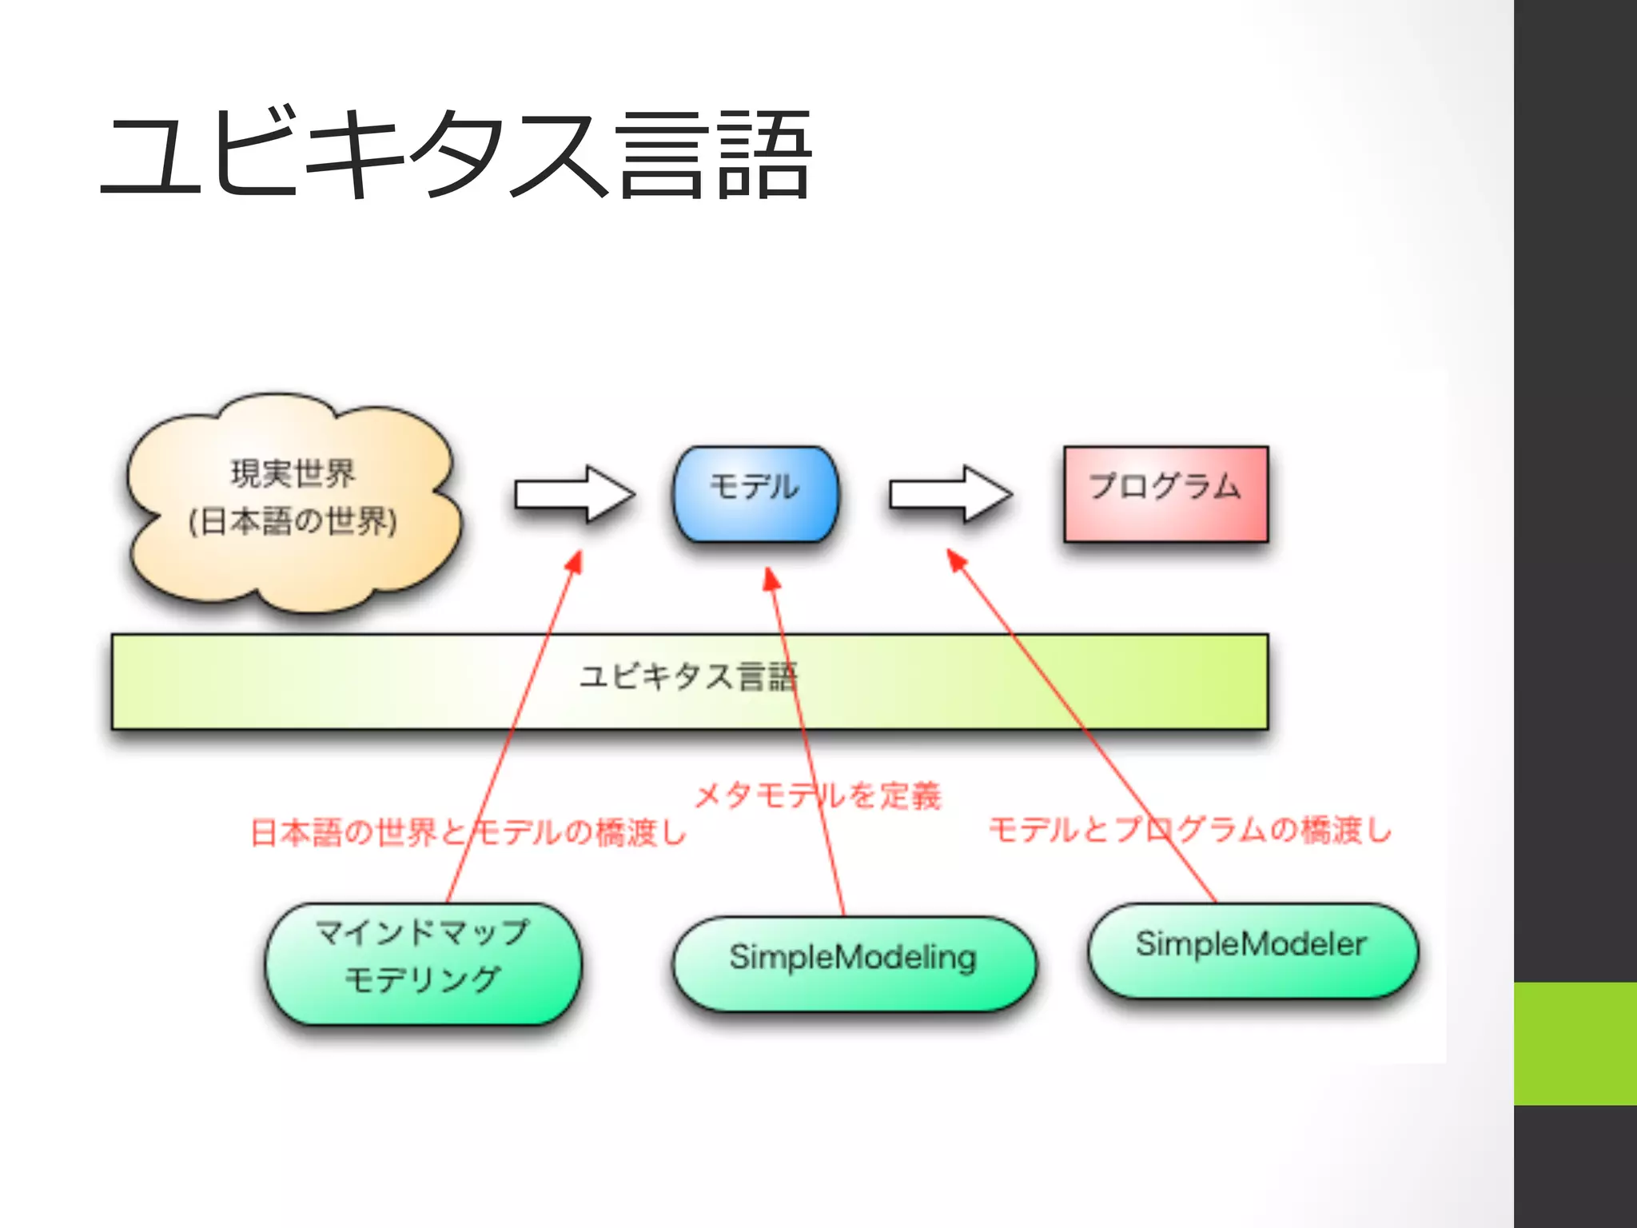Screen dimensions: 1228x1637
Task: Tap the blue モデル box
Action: (x=756, y=493)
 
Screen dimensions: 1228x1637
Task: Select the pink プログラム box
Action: (x=1165, y=493)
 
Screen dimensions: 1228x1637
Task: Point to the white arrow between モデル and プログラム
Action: (x=949, y=494)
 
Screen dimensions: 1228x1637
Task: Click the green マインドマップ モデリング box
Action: (x=423, y=963)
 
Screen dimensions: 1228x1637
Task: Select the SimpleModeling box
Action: (x=853, y=963)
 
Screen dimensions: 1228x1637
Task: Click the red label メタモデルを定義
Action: (x=818, y=795)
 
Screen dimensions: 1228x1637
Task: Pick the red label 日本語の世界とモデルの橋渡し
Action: (x=468, y=832)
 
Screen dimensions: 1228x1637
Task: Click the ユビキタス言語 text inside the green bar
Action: (x=688, y=676)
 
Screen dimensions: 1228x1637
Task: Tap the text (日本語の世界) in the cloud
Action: (x=293, y=521)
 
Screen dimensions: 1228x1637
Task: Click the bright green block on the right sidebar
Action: (x=1575, y=1043)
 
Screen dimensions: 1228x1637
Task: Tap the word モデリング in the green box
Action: (x=423, y=979)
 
